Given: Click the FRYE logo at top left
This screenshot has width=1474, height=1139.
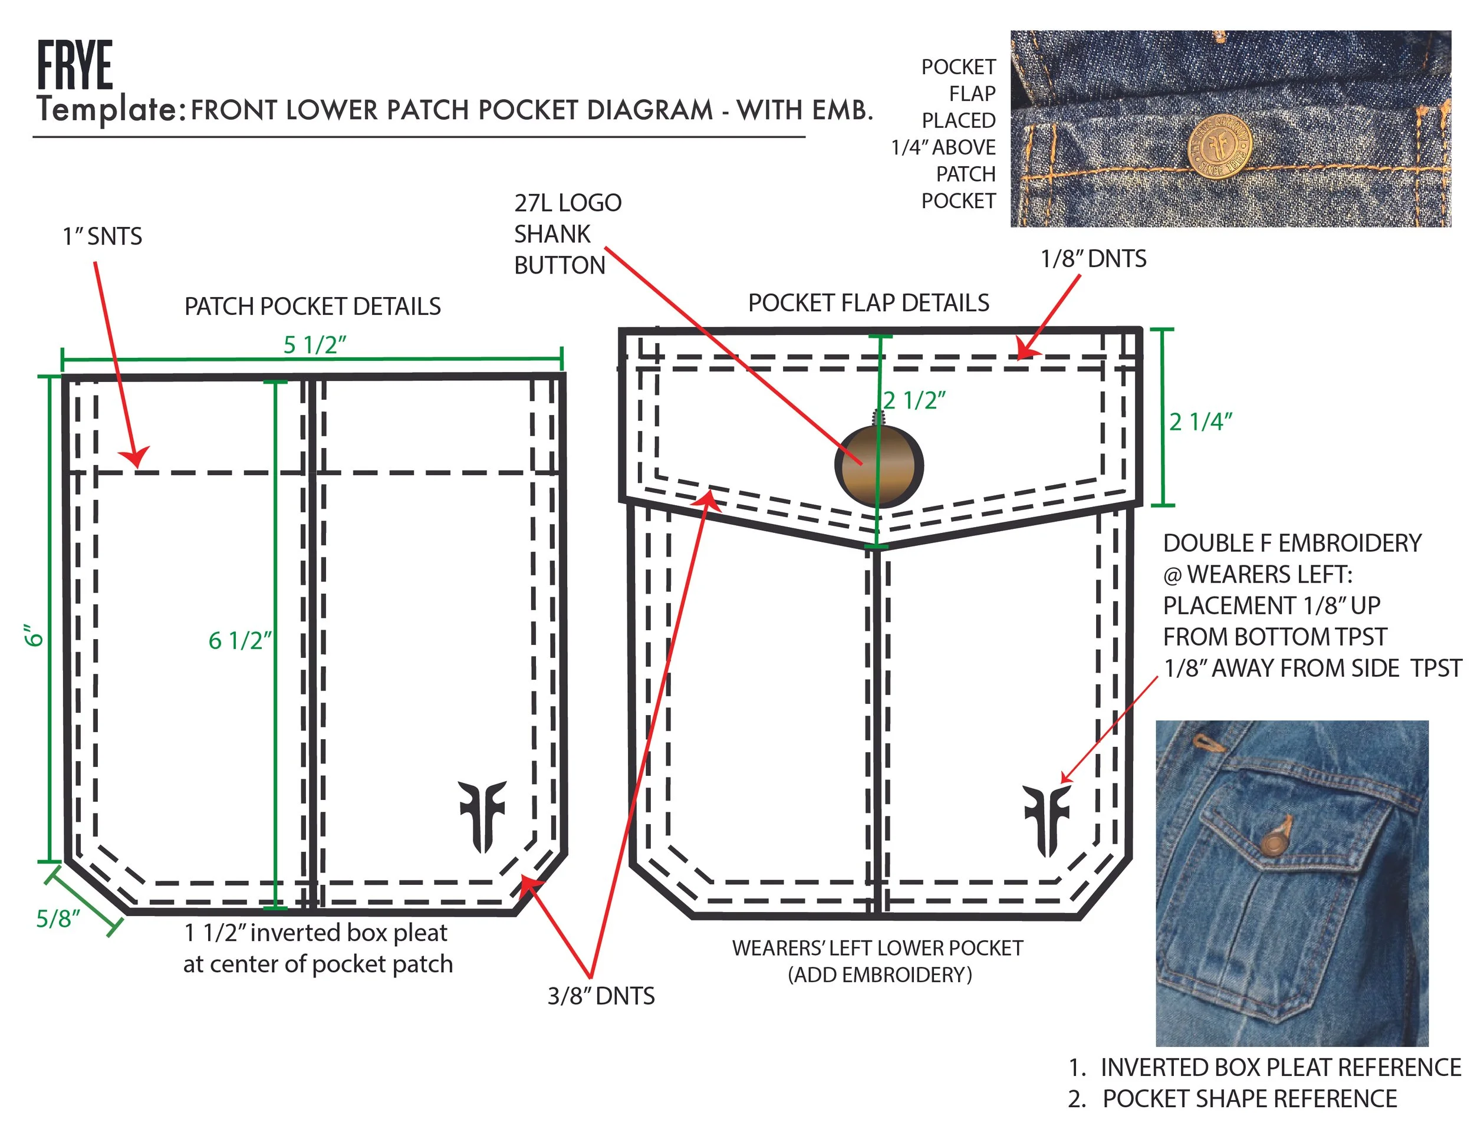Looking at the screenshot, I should tap(74, 65).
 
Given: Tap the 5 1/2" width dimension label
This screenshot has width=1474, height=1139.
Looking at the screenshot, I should tap(314, 345).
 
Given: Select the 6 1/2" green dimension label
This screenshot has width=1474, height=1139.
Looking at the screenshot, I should tap(239, 640).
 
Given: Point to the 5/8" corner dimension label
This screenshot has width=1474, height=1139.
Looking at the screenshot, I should tap(58, 919).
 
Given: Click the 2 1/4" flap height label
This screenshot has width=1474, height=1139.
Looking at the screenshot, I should tap(1200, 422).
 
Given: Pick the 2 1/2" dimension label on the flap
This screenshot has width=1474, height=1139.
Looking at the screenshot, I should tap(914, 400).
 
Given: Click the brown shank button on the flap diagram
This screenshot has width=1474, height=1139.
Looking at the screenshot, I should tap(878, 465).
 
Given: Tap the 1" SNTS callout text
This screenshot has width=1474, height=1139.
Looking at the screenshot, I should tap(103, 237).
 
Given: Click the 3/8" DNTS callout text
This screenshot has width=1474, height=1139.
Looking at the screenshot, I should tap(601, 996).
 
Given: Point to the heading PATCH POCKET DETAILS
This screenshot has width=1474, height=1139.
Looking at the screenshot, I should tap(312, 307).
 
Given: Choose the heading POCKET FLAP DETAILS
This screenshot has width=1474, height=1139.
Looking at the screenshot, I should tap(868, 303).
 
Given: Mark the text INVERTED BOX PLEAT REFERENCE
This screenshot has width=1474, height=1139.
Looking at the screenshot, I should tap(1280, 1068).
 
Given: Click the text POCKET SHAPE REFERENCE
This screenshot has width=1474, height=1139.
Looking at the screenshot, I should tap(1249, 1098).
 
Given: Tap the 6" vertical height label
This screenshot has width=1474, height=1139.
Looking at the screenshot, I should tap(34, 635).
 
